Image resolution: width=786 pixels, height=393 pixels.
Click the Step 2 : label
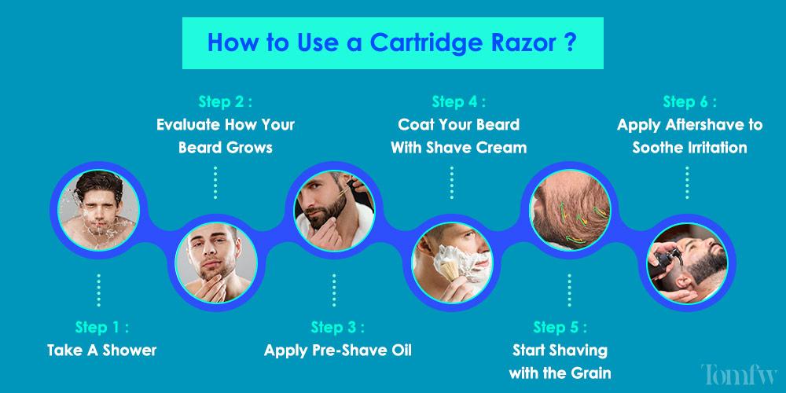pyautogui.click(x=225, y=101)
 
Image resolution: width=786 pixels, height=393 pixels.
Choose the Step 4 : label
pyautogui.click(x=459, y=101)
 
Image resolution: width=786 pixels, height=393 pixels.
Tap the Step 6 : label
pyautogui.click(x=690, y=101)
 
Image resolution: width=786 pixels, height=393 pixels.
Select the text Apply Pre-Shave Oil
pyautogui.click(x=338, y=350)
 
